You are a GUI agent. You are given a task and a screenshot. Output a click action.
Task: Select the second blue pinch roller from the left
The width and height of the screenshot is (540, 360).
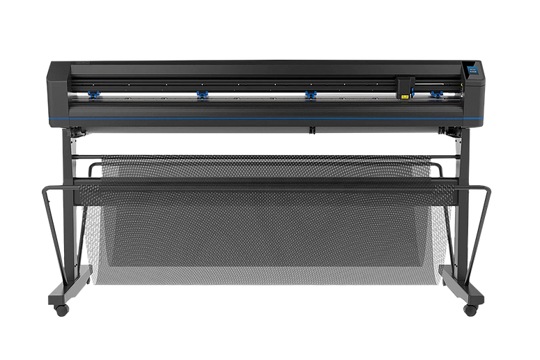click(x=203, y=94)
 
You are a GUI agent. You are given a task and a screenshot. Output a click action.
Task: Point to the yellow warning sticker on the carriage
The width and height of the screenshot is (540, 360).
click(x=402, y=95)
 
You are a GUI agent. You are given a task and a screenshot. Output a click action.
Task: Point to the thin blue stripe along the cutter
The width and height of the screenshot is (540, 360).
click(x=265, y=119)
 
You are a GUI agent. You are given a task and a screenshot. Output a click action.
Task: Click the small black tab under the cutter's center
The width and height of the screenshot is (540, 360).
click(x=311, y=130)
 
